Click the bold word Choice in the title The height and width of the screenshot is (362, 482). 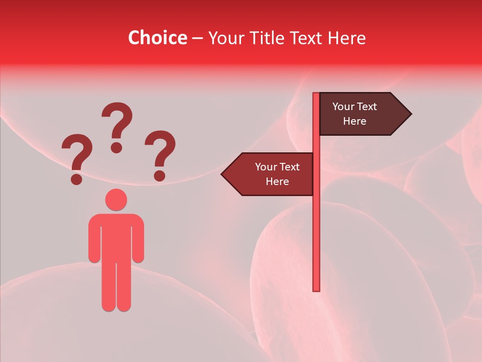click(x=157, y=38)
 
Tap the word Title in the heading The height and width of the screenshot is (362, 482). click(x=264, y=38)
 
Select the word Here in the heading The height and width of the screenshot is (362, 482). click(x=346, y=38)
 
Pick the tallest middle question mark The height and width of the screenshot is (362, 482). click(x=117, y=126)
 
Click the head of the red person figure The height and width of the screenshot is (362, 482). click(x=116, y=200)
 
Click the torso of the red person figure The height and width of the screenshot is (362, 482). click(x=116, y=236)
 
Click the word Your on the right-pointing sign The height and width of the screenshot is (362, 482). click(x=343, y=107)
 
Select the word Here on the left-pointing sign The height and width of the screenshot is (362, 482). click(x=277, y=182)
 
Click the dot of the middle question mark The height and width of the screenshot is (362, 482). click(x=116, y=147)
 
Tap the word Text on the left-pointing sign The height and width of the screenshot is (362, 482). click(x=289, y=167)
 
